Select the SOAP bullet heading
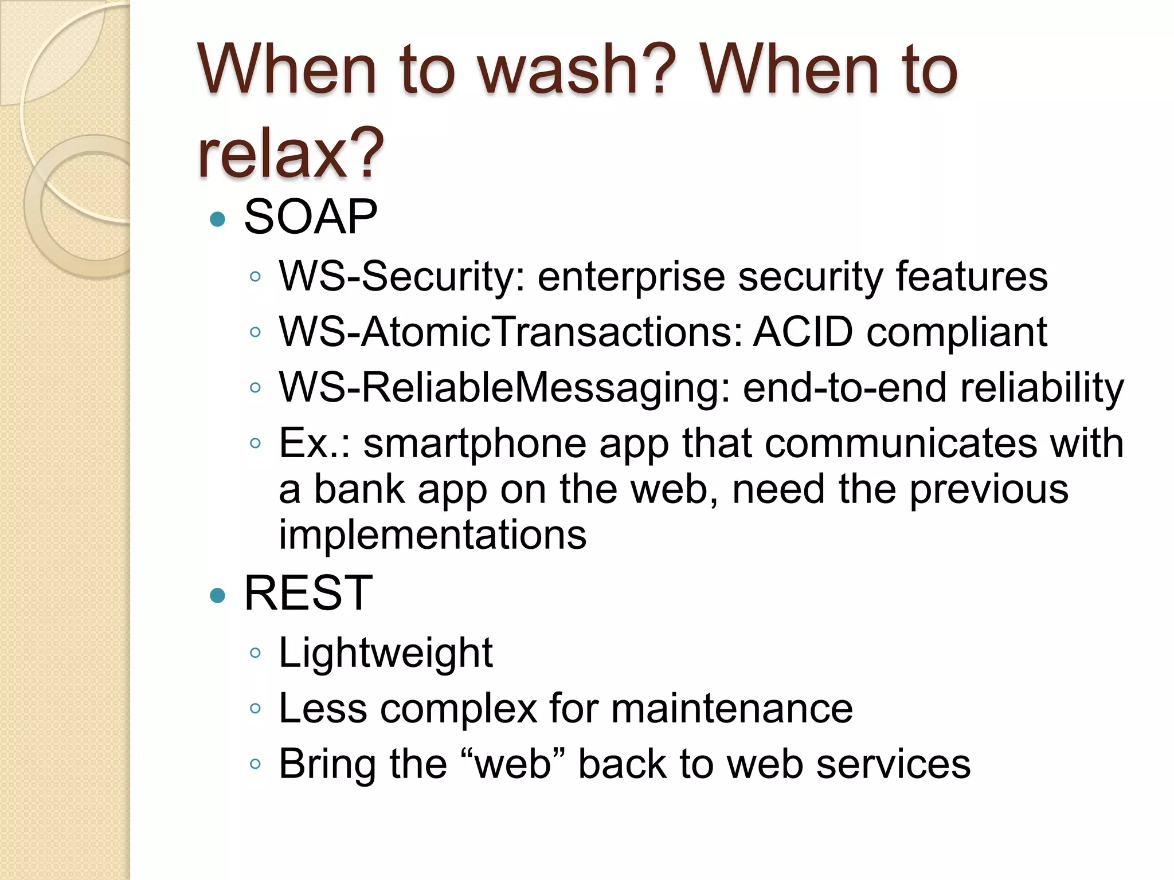click(310, 217)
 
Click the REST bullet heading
click(308, 594)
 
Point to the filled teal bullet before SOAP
click(218, 219)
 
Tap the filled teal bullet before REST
click(218, 596)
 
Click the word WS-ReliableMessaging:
click(504, 388)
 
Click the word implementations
click(433, 535)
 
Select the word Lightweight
click(385, 653)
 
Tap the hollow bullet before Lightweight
click(256, 653)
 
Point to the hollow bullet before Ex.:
click(256, 443)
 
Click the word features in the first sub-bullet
click(972, 277)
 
